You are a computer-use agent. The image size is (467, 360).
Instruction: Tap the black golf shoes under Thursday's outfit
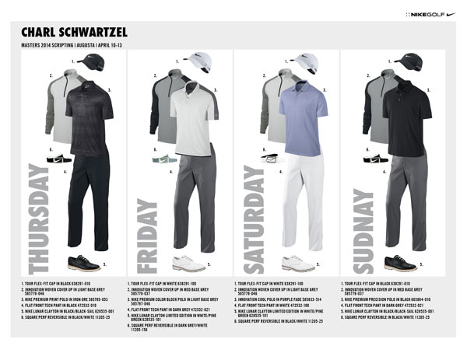(x=83, y=262)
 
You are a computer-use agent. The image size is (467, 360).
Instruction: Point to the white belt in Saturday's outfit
(x=272, y=156)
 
